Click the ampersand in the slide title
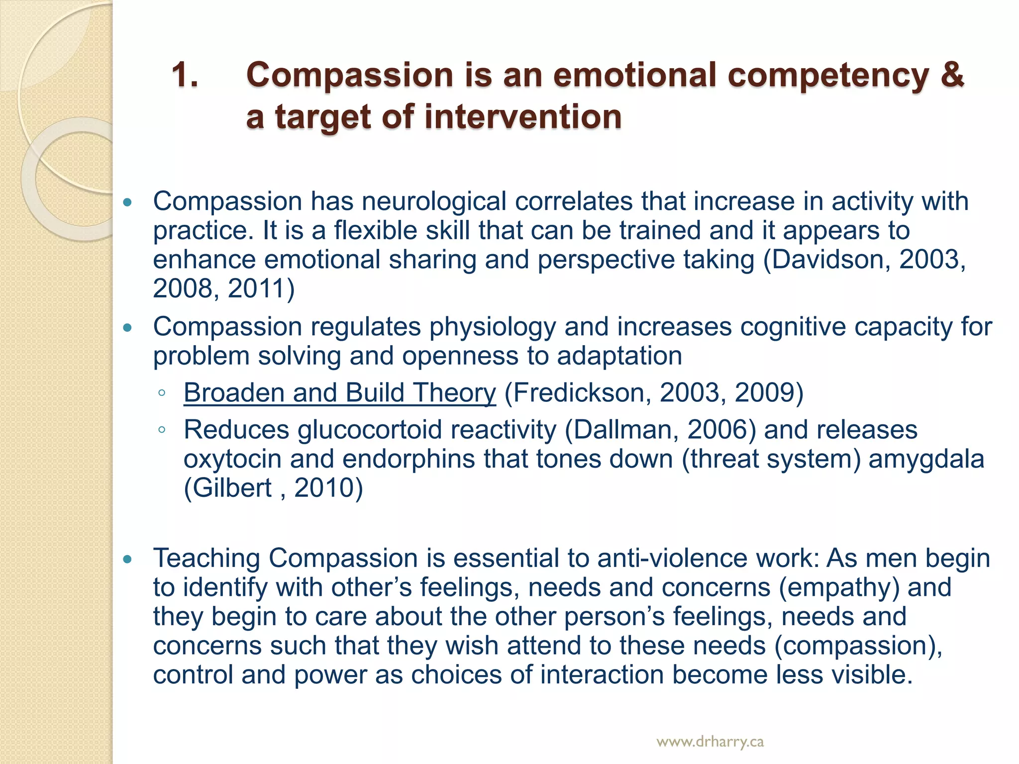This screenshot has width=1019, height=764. [951, 75]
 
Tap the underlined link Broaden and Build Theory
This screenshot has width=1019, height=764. [339, 392]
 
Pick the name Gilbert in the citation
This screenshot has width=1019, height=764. [232, 487]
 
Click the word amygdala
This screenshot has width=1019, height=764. [926, 459]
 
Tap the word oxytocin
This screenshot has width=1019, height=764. [232, 459]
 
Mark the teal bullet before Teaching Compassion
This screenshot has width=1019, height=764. [128, 560]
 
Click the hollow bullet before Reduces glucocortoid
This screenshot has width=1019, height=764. [161, 430]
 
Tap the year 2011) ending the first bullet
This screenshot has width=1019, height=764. [261, 288]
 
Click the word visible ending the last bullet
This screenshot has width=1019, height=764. [868, 675]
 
